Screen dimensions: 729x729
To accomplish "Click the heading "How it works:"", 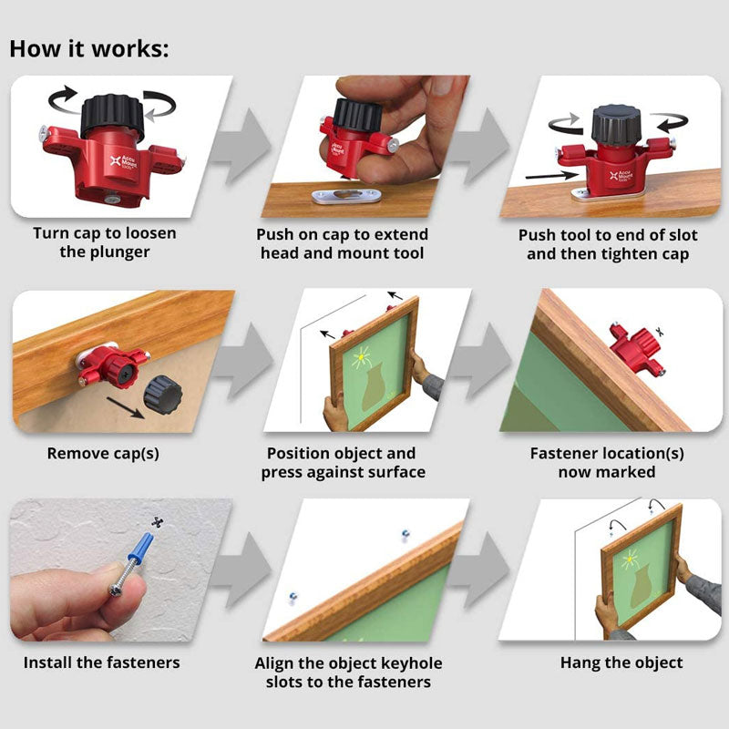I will point(89,49).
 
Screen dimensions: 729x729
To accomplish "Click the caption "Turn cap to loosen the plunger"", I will point(105,242).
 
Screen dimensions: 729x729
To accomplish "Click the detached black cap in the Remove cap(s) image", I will point(163,394).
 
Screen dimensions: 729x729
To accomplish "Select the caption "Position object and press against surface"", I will point(343,463).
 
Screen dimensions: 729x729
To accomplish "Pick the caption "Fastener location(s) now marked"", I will point(607,463).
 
